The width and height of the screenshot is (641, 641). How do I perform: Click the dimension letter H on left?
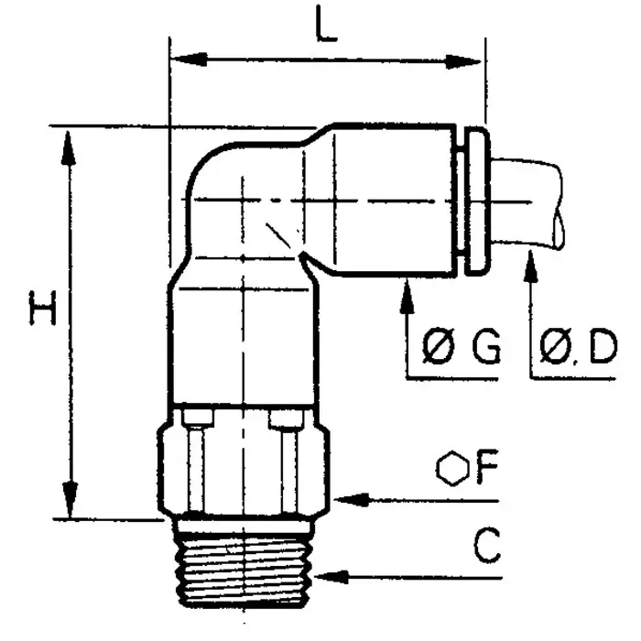point(42,309)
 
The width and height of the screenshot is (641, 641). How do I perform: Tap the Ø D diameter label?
point(578,348)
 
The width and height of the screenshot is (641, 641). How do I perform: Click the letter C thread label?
point(487,547)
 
